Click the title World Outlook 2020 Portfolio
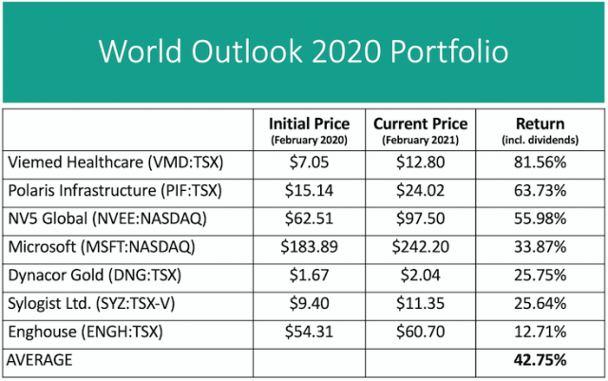tap(304, 50)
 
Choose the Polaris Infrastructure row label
tap(113, 190)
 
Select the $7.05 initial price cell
tap(309, 162)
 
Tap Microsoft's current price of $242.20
tap(419, 247)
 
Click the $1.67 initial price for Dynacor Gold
tap(309, 276)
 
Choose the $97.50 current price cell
tap(419, 219)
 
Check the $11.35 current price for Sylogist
tap(419, 304)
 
